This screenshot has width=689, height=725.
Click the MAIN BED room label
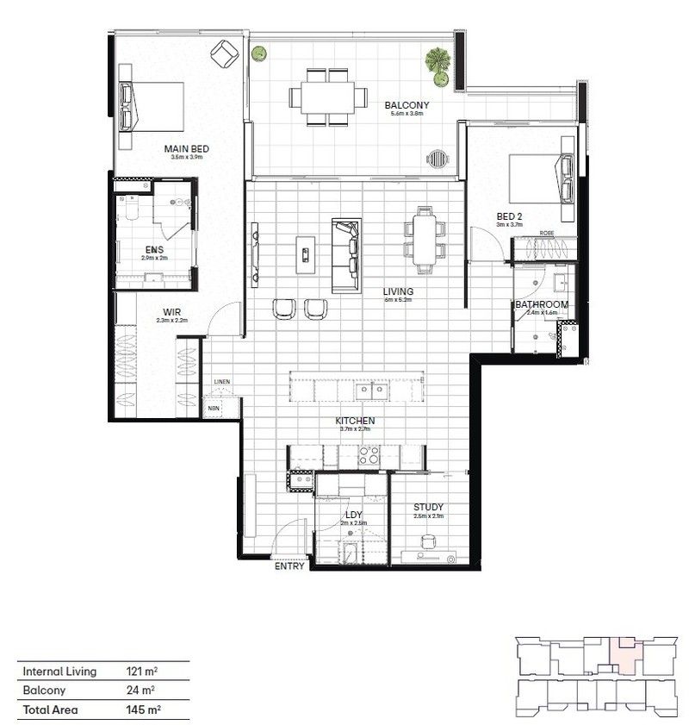[186, 148]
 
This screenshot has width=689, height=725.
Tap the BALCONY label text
[407, 105]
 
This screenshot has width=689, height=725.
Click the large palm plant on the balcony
[438, 63]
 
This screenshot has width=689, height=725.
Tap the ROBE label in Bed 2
[547, 234]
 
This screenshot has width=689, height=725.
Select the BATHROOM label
[542, 304]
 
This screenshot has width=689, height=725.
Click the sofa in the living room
[346, 256]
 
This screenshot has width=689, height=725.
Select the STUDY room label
[427, 507]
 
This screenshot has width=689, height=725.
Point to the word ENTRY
[289, 567]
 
